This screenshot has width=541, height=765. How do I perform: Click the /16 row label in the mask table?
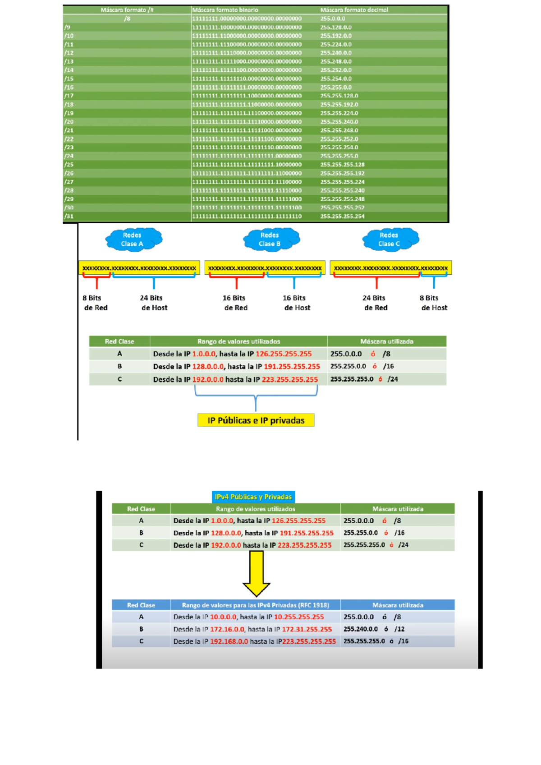[x=69, y=88]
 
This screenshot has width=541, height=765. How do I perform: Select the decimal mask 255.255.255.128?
[x=342, y=165]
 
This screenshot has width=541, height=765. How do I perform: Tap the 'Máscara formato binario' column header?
[x=225, y=10]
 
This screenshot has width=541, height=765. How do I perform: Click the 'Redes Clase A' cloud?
[x=133, y=240]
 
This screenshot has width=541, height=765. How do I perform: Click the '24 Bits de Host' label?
[x=154, y=303]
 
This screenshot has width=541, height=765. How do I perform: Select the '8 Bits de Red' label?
[x=95, y=303]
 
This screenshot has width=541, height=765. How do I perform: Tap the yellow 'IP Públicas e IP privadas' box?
[x=256, y=420]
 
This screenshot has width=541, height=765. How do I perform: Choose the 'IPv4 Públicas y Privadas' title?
[x=253, y=497]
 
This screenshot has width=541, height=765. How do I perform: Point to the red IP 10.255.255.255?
[x=299, y=617]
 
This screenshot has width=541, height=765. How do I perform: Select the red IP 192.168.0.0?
[x=229, y=641]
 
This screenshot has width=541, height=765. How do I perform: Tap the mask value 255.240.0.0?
[x=361, y=629]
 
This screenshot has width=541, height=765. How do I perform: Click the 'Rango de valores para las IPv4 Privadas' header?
[x=255, y=605]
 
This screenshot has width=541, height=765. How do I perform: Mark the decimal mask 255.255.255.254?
[x=342, y=217]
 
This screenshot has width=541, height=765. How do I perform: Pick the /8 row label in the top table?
[x=127, y=19]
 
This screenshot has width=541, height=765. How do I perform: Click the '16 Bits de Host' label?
[x=296, y=303]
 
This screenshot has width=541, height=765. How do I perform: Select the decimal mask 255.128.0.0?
[x=336, y=28]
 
